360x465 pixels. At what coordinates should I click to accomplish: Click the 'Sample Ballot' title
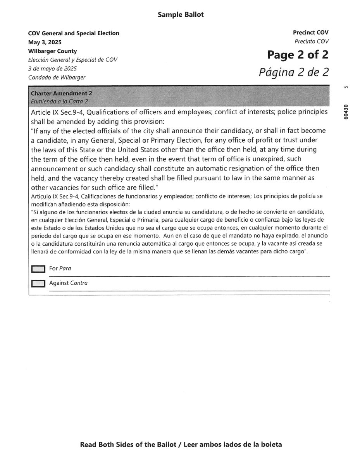point(180,15)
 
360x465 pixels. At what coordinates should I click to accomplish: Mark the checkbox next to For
point(38,269)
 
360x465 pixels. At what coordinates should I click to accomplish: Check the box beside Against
point(38,283)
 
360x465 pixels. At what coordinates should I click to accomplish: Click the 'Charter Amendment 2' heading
point(61,93)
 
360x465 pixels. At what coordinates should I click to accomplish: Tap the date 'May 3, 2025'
point(45,42)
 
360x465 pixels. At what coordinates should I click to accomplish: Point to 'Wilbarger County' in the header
point(52,51)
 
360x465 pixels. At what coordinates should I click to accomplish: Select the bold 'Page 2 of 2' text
point(297,55)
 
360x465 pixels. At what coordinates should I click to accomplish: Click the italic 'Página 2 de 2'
point(293,72)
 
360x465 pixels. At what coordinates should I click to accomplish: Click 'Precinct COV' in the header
point(310,33)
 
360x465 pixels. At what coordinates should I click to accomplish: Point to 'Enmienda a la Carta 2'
point(59,101)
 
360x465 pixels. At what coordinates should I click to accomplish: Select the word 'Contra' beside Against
point(79,283)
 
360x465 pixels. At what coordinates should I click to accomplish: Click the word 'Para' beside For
point(65,268)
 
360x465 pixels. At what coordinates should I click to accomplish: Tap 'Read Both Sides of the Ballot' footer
point(128,444)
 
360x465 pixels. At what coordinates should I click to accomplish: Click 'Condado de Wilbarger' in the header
point(57,77)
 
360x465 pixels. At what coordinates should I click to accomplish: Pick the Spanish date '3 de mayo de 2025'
point(52,68)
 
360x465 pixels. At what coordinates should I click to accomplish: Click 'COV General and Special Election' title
point(74,33)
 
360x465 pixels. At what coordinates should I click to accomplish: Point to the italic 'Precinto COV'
point(311,41)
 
